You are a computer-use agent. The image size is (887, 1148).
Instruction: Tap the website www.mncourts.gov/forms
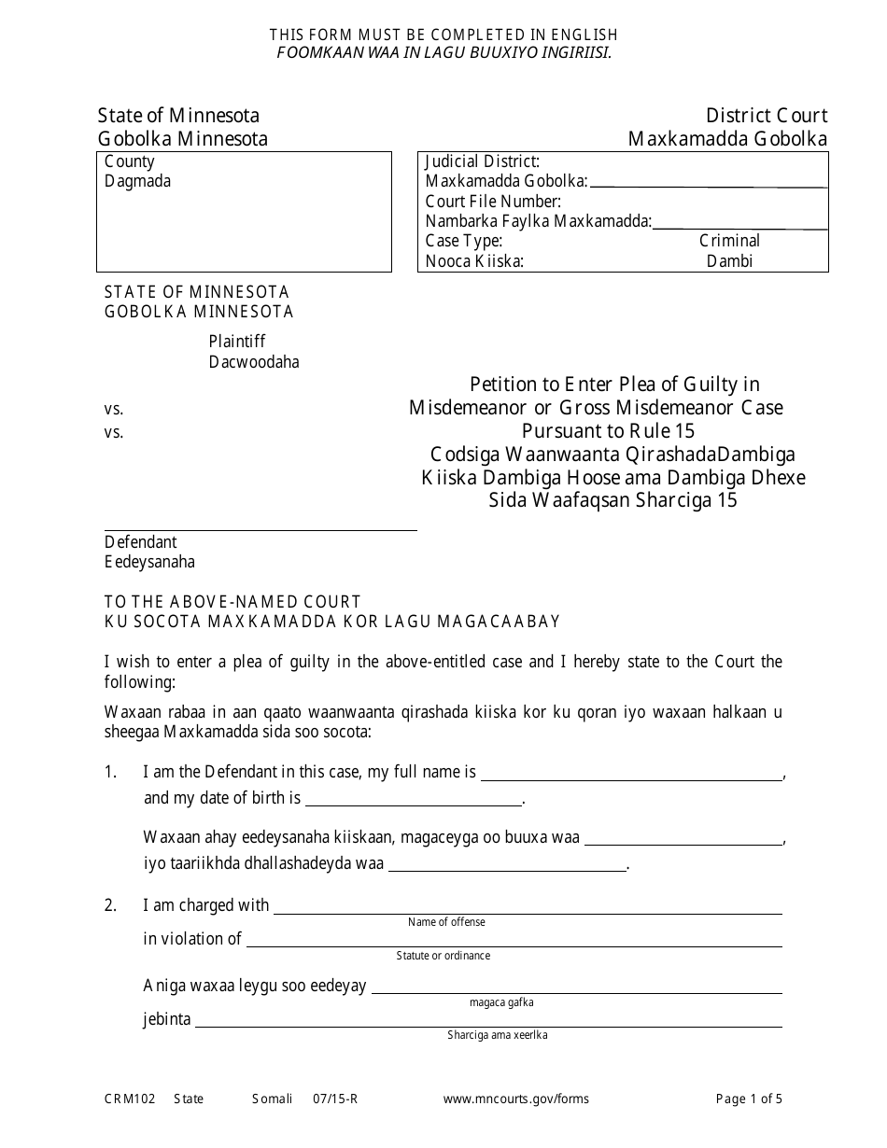point(515,1099)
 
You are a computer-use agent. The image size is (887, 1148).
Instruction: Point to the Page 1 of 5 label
point(749,1099)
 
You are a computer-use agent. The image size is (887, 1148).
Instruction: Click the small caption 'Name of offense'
point(446,922)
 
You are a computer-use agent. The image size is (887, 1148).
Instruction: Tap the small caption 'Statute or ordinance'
point(443,956)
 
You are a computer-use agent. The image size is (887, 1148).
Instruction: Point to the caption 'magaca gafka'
point(501,1002)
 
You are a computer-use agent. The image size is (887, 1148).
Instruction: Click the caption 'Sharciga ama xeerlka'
point(497,1035)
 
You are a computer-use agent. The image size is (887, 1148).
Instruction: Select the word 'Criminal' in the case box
point(729,241)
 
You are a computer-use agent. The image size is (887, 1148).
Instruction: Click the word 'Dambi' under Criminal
point(729,261)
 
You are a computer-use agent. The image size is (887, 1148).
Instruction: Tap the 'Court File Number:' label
point(493,201)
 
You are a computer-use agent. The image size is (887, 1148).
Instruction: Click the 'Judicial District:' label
point(482,161)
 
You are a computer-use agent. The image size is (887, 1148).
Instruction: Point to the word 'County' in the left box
point(130,161)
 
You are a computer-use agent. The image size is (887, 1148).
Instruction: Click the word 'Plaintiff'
point(237,342)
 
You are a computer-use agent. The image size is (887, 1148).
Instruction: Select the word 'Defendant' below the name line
point(140,542)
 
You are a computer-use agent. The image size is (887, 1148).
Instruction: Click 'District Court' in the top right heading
point(766,116)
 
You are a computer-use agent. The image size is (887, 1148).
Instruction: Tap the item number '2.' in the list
point(111,905)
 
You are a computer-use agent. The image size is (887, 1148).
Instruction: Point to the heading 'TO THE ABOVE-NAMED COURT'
point(232,602)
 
